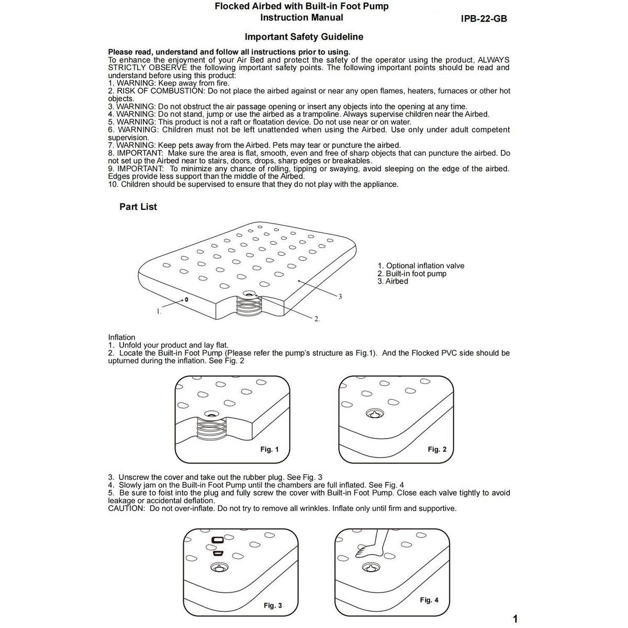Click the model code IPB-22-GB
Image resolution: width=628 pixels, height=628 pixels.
[484, 19]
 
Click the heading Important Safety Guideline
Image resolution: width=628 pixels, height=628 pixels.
[304, 37]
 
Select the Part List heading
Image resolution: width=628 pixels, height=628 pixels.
[138, 207]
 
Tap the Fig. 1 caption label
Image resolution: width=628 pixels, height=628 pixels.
[270, 450]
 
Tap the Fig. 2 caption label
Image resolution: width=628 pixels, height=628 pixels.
[437, 450]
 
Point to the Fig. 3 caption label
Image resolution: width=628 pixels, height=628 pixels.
[273, 605]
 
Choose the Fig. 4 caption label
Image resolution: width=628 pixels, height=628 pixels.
[429, 600]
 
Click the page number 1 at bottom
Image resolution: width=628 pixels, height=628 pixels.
[515, 619]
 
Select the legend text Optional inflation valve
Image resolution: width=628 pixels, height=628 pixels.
[425, 266]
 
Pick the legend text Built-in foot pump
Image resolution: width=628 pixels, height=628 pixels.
[416, 274]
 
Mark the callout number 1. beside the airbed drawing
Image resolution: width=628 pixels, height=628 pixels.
[159, 311]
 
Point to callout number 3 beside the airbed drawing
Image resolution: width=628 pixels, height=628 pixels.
[340, 297]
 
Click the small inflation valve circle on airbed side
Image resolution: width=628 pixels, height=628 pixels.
[186, 300]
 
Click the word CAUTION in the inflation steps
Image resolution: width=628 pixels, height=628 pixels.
[126, 509]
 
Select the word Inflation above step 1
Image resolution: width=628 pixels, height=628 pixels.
[121, 338]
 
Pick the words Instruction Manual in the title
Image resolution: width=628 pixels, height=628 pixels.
[302, 18]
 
